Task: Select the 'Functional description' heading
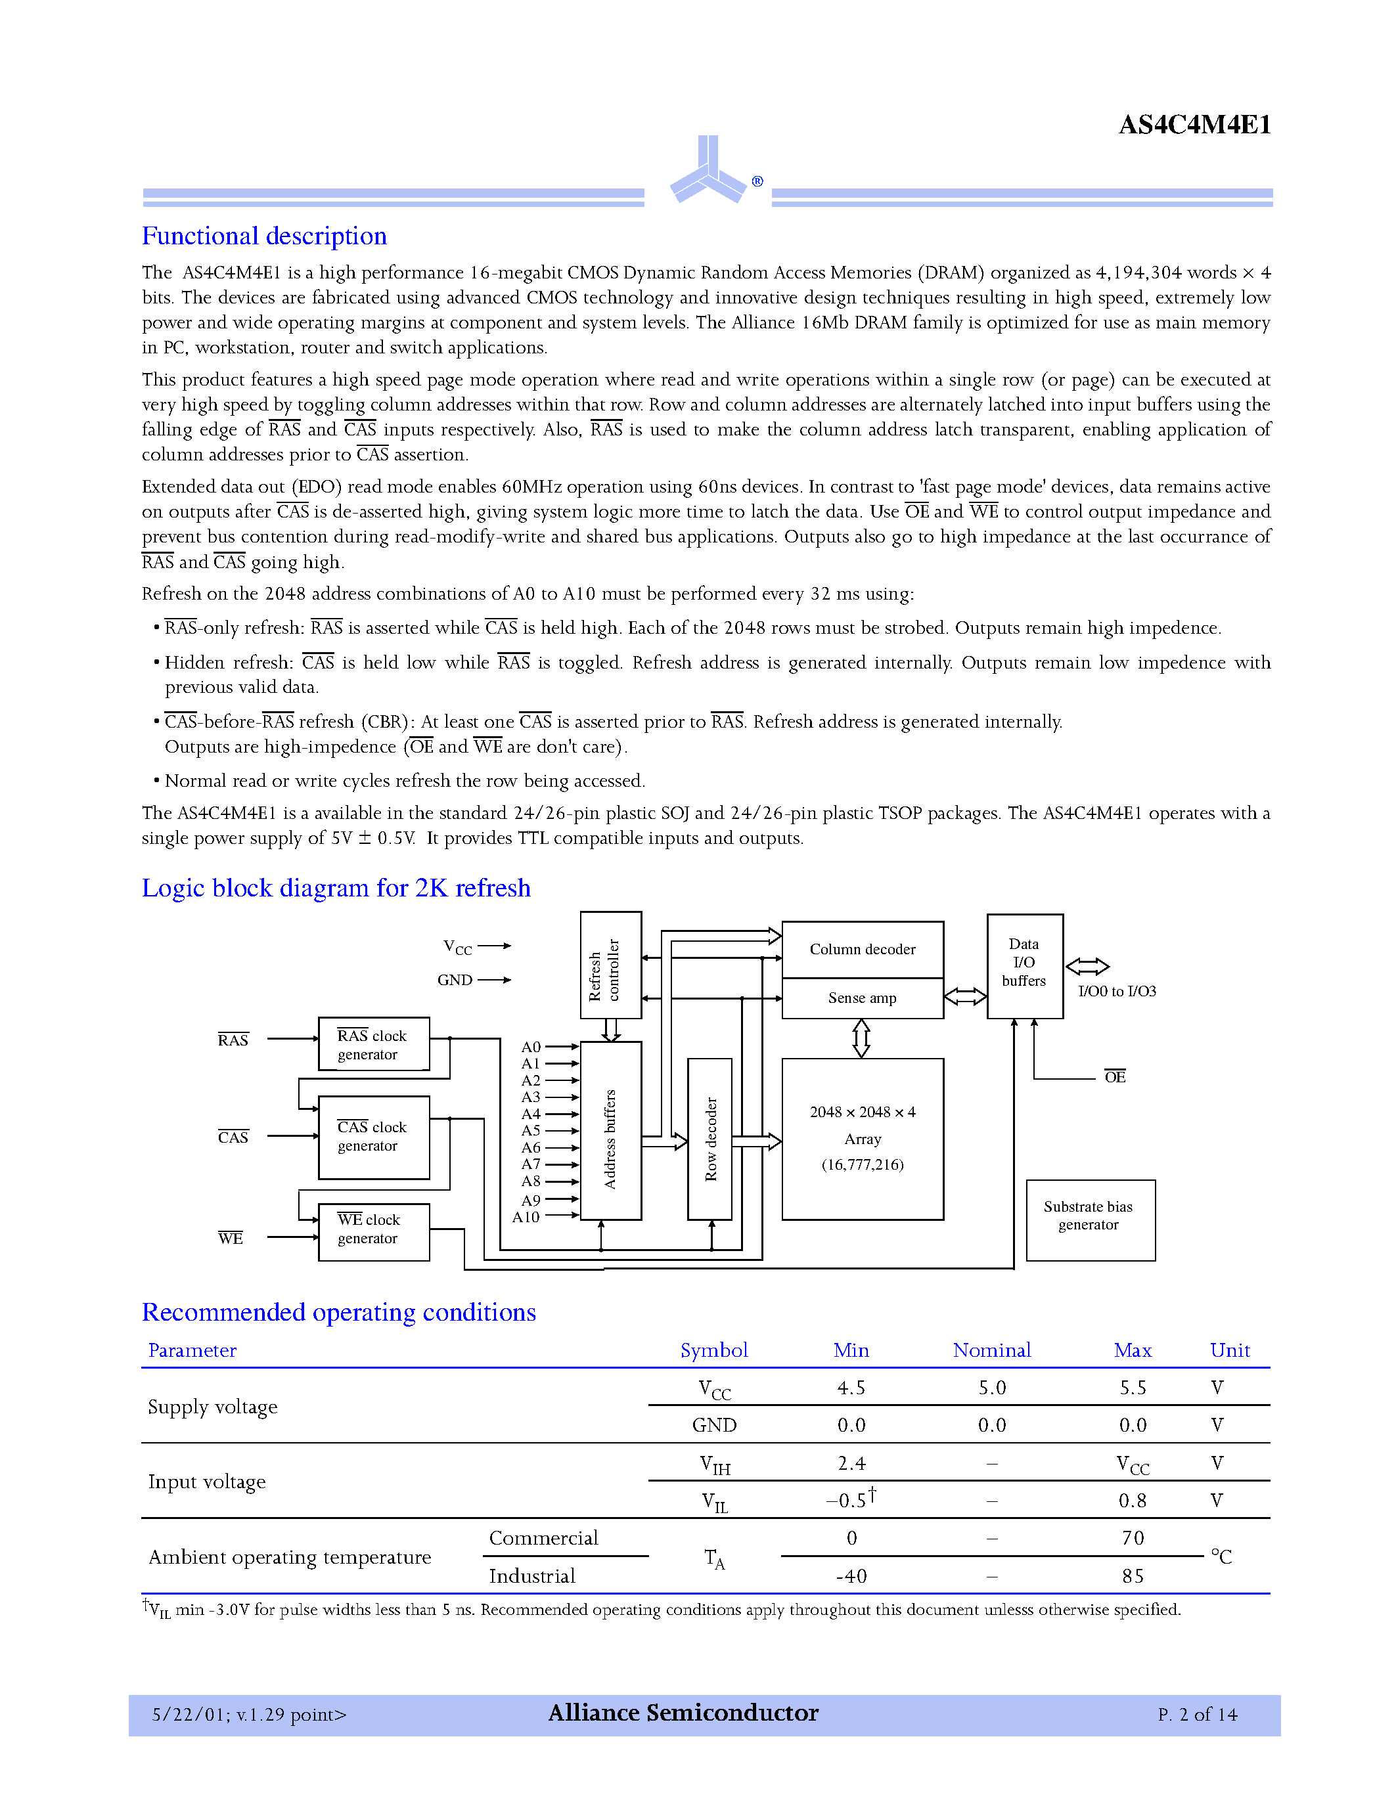(x=264, y=236)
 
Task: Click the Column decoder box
(x=862, y=950)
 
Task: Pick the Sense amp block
(x=862, y=998)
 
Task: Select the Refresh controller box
(x=610, y=965)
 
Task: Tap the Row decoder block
(x=709, y=1139)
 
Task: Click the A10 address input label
(x=526, y=1217)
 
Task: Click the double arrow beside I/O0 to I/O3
(x=1087, y=966)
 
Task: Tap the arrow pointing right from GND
(x=495, y=980)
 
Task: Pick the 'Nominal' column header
(x=991, y=1351)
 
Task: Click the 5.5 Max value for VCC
(x=1132, y=1388)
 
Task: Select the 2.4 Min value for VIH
(x=851, y=1464)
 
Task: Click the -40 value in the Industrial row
(x=851, y=1576)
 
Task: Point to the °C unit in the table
(x=1221, y=1557)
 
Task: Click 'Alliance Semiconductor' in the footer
(x=683, y=1713)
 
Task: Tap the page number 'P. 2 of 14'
(x=1197, y=1715)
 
